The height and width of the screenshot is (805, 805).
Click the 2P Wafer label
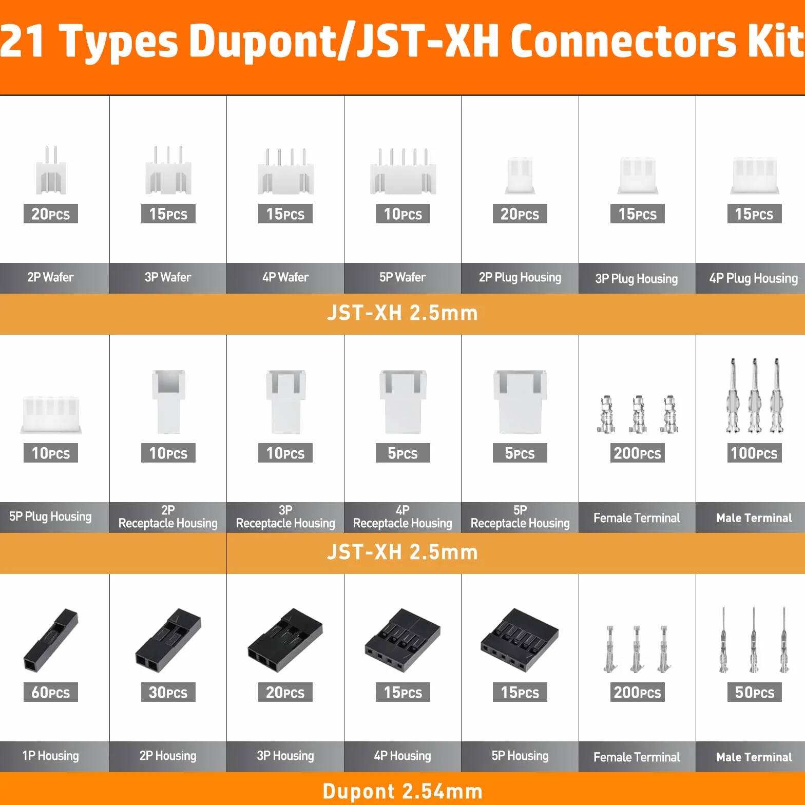[x=50, y=277]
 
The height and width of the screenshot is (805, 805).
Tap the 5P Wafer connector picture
[x=403, y=171]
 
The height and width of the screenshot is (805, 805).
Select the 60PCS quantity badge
[x=51, y=692]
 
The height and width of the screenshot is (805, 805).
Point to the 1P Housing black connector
[x=50, y=640]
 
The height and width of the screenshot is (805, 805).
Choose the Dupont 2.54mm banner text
[x=402, y=791]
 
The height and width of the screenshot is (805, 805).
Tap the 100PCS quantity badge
[x=754, y=453]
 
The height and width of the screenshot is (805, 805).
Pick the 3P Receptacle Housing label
[x=285, y=517]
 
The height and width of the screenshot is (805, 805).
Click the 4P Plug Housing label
[x=754, y=278]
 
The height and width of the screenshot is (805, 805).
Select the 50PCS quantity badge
[x=754, y=692]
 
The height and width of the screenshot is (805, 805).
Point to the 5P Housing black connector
[x=520, y=640]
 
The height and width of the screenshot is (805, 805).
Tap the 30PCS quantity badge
[x=168, y=692]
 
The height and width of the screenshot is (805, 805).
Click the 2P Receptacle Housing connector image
[x=168, y=402]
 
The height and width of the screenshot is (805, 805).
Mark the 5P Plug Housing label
[x=50, y=516]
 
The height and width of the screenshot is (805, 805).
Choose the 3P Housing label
[x=285, y=756]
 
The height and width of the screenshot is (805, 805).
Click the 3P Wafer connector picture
[x=168, y=170]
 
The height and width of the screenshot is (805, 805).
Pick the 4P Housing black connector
[x=402, y=640]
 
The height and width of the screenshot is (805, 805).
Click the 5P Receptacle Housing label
[x=520, y=517]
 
